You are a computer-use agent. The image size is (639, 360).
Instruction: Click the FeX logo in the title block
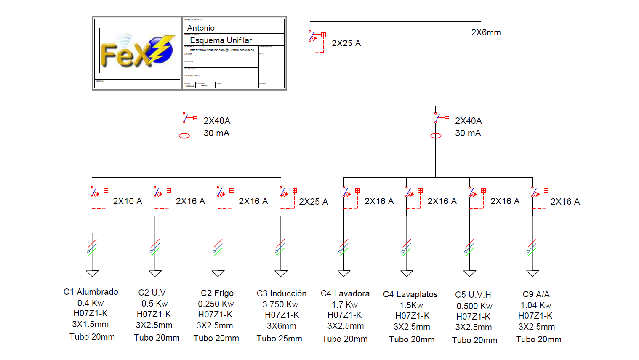[137, 51]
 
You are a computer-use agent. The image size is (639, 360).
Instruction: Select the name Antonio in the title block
[201, 28]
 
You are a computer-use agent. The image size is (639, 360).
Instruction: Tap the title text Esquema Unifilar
[221, 40]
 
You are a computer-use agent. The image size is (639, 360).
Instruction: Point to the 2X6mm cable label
[486, 32]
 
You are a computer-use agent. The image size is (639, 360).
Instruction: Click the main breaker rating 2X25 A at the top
[346, 43]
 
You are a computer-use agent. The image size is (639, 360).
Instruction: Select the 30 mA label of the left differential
[216, 133]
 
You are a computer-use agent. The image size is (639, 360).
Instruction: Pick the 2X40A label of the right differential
[468, 121]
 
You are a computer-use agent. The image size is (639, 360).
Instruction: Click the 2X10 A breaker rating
[127, 201]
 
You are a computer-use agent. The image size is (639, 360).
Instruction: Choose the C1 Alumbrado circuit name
[91, 292]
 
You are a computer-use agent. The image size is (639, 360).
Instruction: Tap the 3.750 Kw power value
[280, 304]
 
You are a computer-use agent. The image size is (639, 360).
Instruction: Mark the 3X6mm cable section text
[281, 326]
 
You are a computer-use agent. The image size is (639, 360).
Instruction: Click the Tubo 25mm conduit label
[280, 339]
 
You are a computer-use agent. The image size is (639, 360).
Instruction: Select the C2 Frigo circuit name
[217, 293]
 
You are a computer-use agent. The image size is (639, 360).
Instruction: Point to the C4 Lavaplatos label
[410, 294]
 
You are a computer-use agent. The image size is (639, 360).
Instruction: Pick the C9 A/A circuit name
[536, 294]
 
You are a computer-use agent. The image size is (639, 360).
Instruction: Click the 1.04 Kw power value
[535, 305]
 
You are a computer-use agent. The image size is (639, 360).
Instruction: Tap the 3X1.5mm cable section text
[91, 324]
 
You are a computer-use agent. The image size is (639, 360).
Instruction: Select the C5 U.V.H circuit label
[473, 295]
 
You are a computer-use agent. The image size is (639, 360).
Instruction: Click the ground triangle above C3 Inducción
[281, 273]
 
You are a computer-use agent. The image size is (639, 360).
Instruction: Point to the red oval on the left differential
[184, 136]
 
